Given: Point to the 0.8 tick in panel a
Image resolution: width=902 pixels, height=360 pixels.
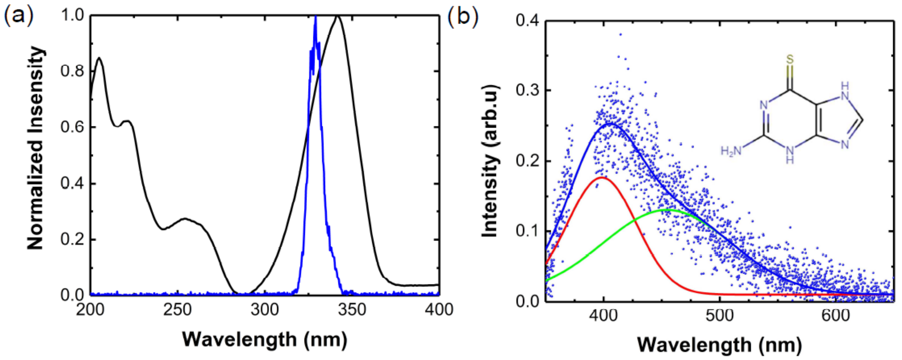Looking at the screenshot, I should pos(72,71).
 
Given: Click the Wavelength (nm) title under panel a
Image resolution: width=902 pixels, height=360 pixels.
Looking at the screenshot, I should pos(265,339).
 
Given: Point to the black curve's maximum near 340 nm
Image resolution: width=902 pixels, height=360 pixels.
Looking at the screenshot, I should pos(338,16).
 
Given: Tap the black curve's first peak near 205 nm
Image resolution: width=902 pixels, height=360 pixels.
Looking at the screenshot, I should pos(99,58).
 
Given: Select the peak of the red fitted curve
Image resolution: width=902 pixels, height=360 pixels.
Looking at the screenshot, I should pos(601,178).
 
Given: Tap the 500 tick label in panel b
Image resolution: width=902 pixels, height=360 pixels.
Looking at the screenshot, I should pos(719,316).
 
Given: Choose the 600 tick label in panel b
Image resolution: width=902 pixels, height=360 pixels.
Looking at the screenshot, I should pos(835,316).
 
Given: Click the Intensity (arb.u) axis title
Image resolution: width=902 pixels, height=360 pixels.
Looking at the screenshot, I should pos(490,161).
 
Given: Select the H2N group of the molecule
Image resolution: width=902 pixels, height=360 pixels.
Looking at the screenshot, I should pos(731,151).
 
